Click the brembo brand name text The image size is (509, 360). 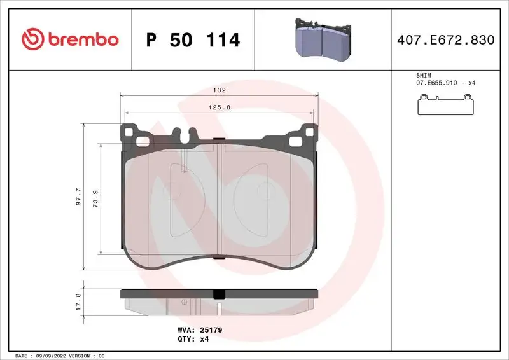(x=81, y=39)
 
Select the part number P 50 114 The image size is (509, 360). (x=193, y=40)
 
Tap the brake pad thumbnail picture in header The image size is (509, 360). (x=323, y=39)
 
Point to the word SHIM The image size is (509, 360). (x=424, y=75)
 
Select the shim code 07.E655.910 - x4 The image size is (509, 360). (x=446, y=83)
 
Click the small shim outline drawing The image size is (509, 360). (x=446, y=105)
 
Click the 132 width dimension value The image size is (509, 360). (x=219, y=91)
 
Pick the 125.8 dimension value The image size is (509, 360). (x=219, y=107)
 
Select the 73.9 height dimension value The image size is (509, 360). (x=96, y=198)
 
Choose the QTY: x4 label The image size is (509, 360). (x=193, y=339)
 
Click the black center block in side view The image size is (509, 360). (x=219, y=294)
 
